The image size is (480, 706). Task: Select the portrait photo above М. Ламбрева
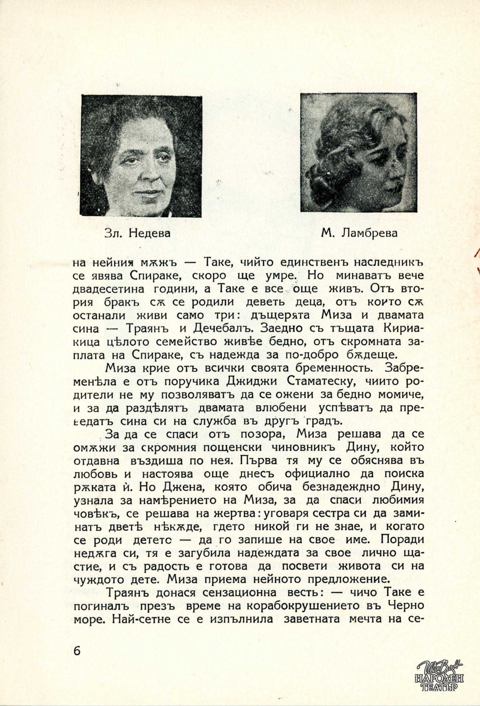pyautogui.click(x=358, y=152)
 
